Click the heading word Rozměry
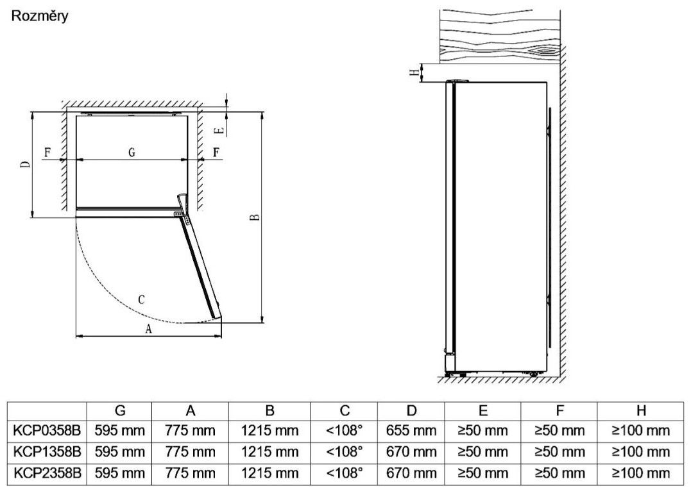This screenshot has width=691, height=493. [40, 16]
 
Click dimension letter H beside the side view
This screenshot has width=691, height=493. [414, 72]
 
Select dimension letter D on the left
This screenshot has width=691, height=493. [27, 164]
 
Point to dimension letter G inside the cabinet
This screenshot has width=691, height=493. [132, 153]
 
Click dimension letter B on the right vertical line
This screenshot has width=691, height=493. [255, 217]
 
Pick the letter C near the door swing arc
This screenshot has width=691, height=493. [141, 300]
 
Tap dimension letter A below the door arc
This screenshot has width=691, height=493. [148, 328]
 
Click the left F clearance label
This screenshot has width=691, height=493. [47, 153]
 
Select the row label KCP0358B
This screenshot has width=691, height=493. [47, 431]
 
